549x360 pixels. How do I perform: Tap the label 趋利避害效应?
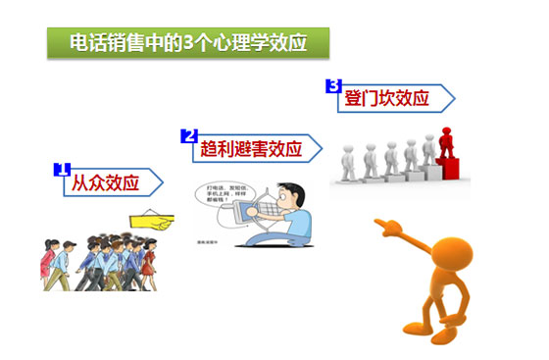pyautogui.click(x=255, y=149)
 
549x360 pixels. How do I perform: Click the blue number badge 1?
pyautogui.click(x=60, y=169)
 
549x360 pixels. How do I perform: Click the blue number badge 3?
pyautogui.click(x=333, y=85)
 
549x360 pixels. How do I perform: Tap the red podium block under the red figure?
pyautogui.click(x=452, y=171)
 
